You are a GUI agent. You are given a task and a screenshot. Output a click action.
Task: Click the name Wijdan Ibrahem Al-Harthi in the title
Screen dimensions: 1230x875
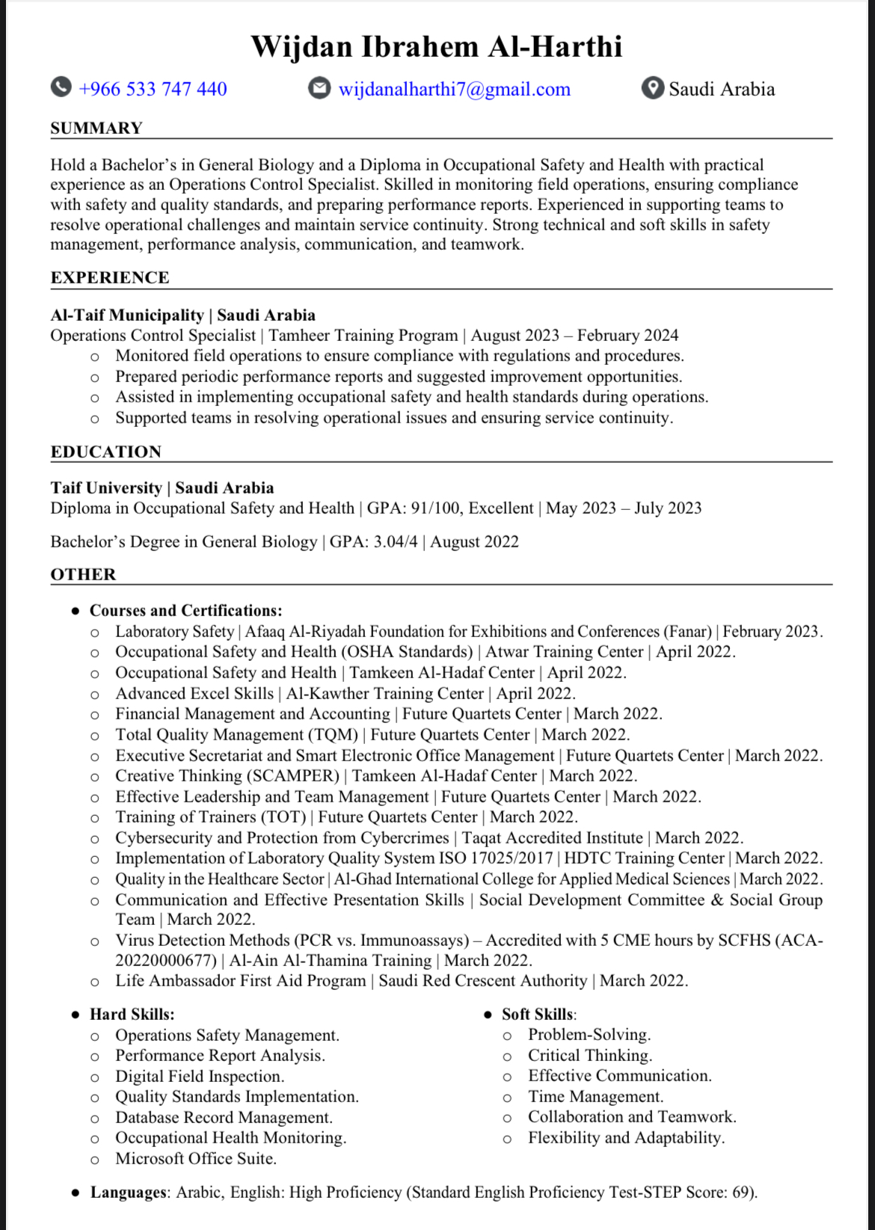click(436, 46)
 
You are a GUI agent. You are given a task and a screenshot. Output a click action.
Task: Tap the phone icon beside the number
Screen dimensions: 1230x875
click(61, 88)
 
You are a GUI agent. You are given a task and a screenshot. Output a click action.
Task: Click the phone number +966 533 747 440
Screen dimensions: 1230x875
click(153, 89)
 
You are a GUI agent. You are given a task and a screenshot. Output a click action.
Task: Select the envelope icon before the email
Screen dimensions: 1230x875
click(319, 88)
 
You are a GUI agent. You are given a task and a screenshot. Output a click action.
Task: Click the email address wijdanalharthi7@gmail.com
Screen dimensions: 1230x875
click(454, 89)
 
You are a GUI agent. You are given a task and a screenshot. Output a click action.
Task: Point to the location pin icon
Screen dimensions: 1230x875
click(652, 88)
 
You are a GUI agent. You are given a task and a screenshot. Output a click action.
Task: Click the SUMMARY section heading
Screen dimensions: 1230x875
click(96, 128)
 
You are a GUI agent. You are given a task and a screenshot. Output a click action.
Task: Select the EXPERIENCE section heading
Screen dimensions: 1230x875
click(110, 277)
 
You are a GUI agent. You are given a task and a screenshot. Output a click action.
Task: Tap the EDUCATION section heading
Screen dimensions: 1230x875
click(105, 452)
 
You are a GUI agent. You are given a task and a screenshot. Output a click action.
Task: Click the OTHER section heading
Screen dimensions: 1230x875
click(83, 574)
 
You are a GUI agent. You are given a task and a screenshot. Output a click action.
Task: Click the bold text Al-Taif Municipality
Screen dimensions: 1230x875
click(127, 315)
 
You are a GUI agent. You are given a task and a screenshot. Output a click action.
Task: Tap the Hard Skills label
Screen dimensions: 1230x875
click(132, 1014)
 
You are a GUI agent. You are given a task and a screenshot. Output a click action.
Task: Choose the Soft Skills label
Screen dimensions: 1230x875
click(538, 1014)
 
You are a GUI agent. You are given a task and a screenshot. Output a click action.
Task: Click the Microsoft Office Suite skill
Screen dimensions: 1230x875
click(195, 1158)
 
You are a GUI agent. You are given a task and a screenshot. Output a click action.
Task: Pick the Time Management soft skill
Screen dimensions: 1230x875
click(595, 1096)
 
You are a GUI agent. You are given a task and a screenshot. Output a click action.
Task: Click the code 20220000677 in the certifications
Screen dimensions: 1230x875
click(165, 960)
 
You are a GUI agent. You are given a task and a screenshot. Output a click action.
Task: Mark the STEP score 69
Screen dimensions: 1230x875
click(740, 1192)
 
